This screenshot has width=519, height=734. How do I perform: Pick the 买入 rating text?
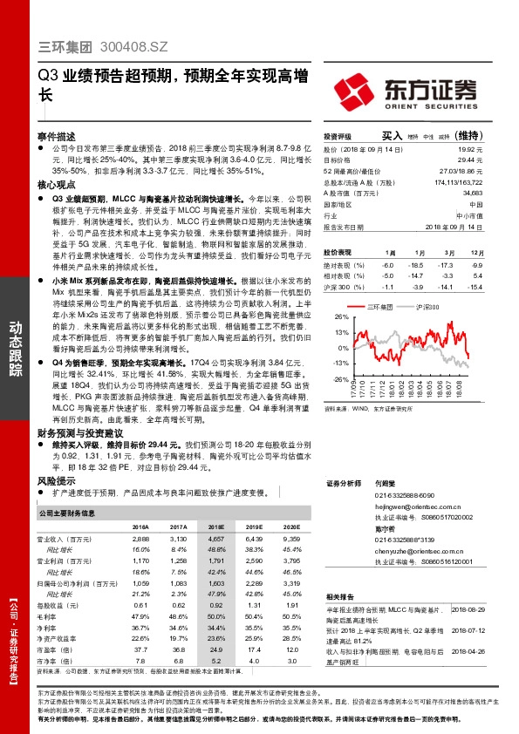392,137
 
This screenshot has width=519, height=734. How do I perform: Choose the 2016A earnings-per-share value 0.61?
141,604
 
